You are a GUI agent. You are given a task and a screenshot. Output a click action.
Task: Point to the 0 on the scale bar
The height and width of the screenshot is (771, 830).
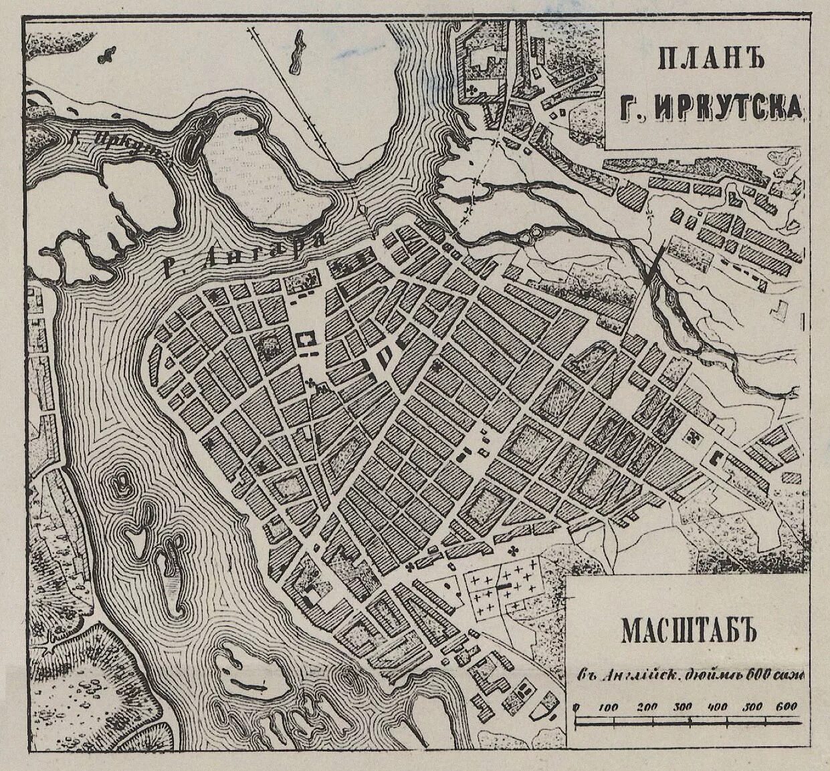coord(577,707)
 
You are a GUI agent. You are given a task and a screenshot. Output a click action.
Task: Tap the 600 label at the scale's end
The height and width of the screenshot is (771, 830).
coord(788,707)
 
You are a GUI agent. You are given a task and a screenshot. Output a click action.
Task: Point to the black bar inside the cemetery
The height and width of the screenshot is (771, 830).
coord(502,586)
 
